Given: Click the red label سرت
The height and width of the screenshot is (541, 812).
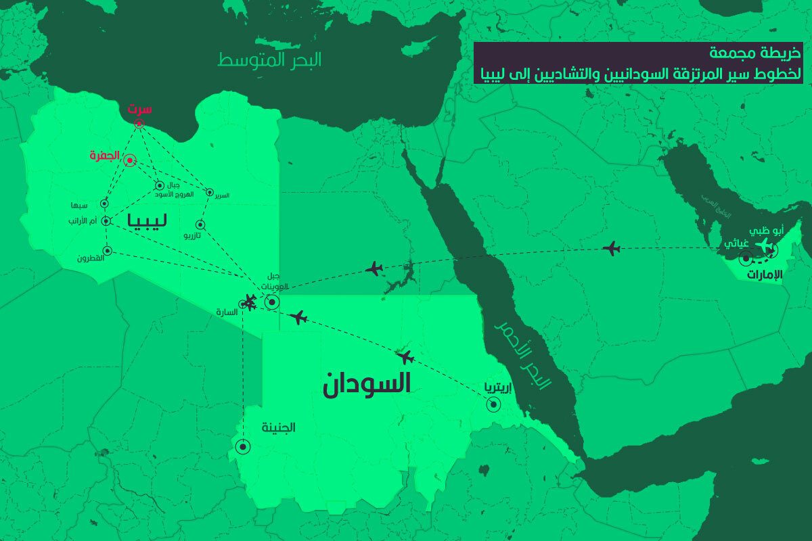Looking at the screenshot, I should coord(141,109).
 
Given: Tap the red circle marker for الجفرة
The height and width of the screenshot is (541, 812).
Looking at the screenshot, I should coord(129,160).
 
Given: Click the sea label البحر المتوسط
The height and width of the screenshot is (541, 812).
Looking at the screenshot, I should coord(269,60).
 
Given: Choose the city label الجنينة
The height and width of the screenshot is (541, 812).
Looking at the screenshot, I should coord(279,427).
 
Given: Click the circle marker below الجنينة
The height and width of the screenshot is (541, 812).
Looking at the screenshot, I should coord(242,446).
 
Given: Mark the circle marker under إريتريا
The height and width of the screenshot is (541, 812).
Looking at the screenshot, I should coord(494,405).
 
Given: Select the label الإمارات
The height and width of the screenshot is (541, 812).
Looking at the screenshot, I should coord(764,275).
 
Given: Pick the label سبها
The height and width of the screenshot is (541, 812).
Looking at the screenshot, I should coord(79,205).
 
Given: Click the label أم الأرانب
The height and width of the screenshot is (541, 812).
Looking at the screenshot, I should coord(84,220).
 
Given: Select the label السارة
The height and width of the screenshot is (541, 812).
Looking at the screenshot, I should coord(225,312).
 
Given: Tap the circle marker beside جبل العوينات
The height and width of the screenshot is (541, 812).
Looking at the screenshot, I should coord(271,302).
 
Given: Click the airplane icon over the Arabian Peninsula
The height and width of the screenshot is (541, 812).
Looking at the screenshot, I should coord(611,248).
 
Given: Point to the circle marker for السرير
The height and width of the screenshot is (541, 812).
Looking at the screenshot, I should coord(210,193).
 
